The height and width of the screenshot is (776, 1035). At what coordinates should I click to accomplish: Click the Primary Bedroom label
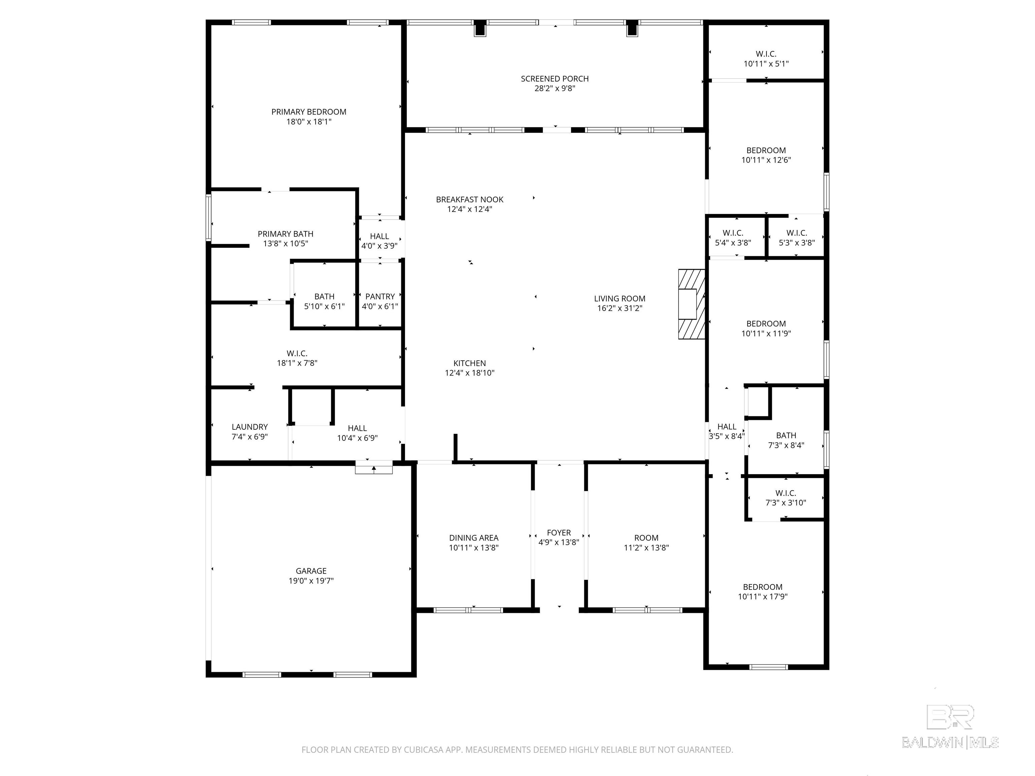click(x=309, y=112)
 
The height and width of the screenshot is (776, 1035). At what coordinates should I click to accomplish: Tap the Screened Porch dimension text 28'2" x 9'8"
click(x=555, y=88)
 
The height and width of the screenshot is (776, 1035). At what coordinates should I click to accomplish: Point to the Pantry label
click(x=380, y=296)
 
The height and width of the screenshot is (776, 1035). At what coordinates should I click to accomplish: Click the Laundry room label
click(x=250, y=427)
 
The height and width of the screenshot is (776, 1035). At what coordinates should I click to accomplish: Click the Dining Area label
click(x=474, y=538)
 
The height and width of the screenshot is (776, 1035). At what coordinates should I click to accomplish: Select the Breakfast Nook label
click(x=470, y=200)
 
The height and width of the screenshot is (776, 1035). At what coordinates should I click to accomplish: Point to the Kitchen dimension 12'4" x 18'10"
click(x=470, y=373)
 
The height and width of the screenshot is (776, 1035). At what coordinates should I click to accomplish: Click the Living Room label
click(x=620, y=298)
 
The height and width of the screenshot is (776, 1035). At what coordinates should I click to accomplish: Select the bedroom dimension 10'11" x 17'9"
click(x=763, y=597)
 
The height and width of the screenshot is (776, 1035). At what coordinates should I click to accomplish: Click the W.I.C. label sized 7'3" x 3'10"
click(x=786, y=493)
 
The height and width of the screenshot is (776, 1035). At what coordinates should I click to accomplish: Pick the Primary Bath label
click(x=285, y=234)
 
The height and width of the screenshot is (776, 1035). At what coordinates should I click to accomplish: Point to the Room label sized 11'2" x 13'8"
click(x=647, y=538)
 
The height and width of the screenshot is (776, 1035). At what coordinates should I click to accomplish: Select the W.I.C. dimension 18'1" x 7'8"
click(x=297, y=363)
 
